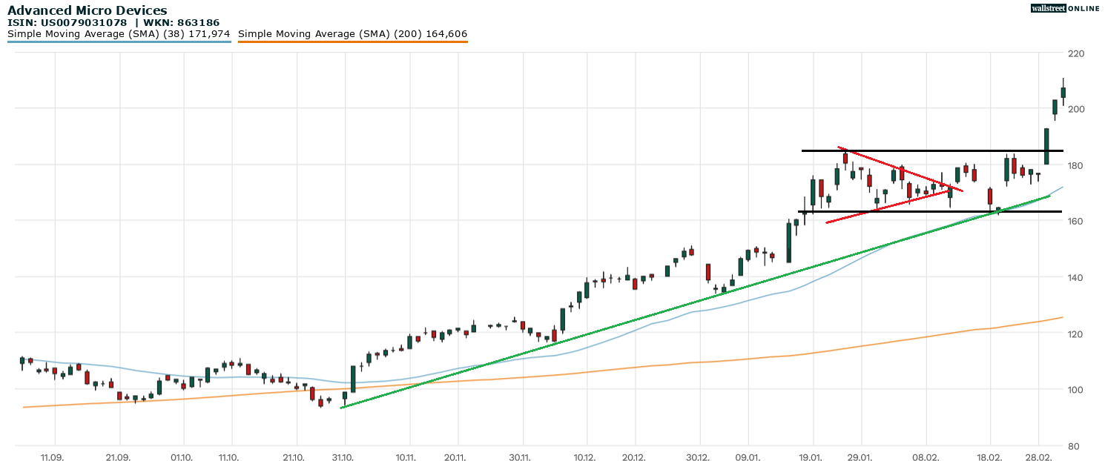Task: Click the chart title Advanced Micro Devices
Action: coord(87,10)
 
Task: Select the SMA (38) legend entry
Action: coord(119,34)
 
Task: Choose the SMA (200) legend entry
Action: coord(352,34)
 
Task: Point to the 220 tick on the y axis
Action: coord(1075,53)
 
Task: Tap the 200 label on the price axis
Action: coord(1075,109)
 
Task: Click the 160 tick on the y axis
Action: coord(1075,221)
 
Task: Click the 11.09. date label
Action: coord(52,457)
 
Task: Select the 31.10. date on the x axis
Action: coord(343,457)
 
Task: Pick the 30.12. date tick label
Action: coord(699,457)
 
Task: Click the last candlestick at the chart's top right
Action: coord(1063,92)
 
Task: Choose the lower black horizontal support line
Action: coord(927,212)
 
